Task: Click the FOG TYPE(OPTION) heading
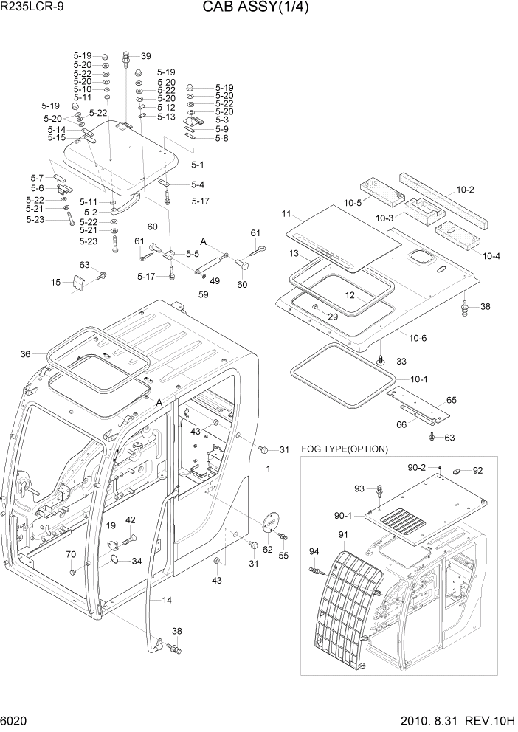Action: [x=345, y=449]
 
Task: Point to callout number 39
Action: [x=145, y=56]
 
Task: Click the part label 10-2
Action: [x=465, y=190]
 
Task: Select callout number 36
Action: [x=26, y=354]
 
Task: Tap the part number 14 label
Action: [x=167, y=600]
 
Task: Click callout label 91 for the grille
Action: [x=343, y=535]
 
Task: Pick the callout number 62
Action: [x=267, y=548]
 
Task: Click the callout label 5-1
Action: [x=198, y=165]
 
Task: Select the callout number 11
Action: [x=286, y=215]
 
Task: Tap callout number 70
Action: [x=71, y=554]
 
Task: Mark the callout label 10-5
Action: [x=352, y=203]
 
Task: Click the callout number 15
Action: [x=56, y=282]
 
